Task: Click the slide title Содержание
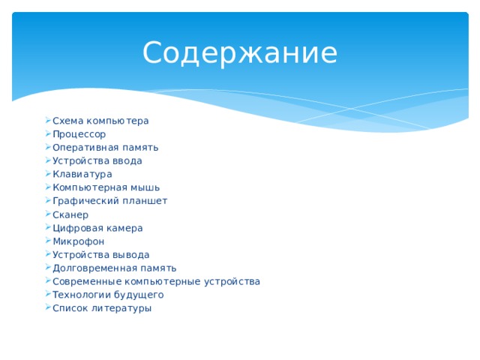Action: click(240, 53)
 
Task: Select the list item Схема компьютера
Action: click(100, 121)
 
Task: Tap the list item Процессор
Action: click(79, 134)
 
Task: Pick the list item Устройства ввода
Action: click(97, 160)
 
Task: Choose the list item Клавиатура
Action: click(82, 174)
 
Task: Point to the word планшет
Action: click(144, 201)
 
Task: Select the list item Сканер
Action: click(70, 214)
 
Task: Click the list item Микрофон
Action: click(78, 241)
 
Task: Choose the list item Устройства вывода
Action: click(100, 255)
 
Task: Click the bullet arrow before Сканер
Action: click(47, 214)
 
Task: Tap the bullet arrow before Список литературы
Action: click(47, 308)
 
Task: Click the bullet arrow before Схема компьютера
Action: click(47, 121)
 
